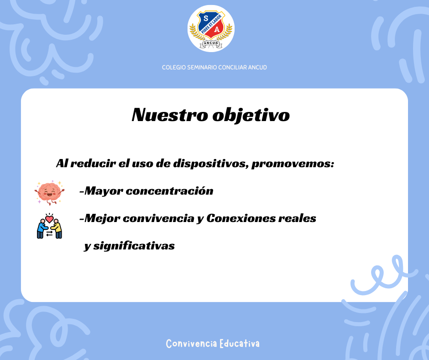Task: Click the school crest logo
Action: pos(211,28)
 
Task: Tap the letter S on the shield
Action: pos(206,18)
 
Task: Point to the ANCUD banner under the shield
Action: pos(211,43)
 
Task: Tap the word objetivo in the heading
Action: pos(251,115)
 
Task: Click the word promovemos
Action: pos(293,164)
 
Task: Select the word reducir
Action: pos(93,163)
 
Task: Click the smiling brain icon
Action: pos(49,193)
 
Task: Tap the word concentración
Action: pos(169,191)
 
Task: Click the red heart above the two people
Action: pos(49,219)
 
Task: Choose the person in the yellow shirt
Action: pos(57,229)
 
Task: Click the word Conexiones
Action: pos(241,218)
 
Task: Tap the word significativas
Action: pos(134,246)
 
